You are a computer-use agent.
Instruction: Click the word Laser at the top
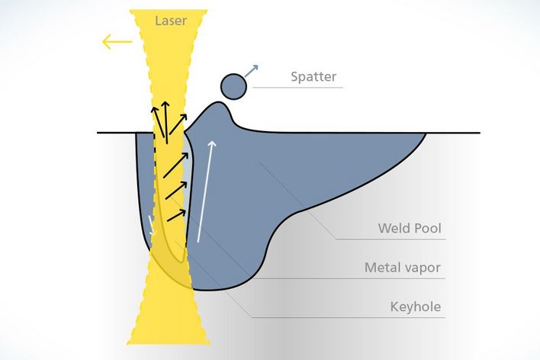pyautogui.click(x=170, y=21)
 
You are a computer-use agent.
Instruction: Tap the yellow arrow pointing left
pyautogui.click(x=117, y=41)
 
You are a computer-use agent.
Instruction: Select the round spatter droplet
pyautogui.click(x=233, y=86)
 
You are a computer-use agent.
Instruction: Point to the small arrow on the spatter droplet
pyautogui.click(x=252, y=71)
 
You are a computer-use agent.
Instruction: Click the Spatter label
pyautogui.click(x=313, y=77)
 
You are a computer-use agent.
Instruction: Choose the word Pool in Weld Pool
pyautogui.click(x=427, y=228)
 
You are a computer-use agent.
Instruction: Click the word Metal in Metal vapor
pyautogui.click(x=382, y=268)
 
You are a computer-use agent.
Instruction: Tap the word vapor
pyautogui.click(x=424, y=268)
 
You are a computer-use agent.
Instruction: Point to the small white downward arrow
pyautogui.click(x=152, y=226)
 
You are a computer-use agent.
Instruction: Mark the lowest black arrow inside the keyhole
pyautogui.click(x=175, y=216)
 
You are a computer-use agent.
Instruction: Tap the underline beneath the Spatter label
pyautogui.click(x=297, y=88)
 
